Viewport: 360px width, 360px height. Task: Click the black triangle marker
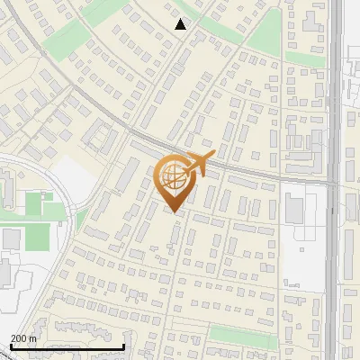click(x=181, y=24)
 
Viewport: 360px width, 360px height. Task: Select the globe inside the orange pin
click(x=174, y=176)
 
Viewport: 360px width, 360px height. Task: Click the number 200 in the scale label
click(x=19, y=338)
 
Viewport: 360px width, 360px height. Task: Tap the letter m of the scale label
click(x=32, y=338)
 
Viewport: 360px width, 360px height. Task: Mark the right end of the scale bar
click(x=123, y=346)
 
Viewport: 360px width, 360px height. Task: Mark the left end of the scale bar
click(x=10, y=346)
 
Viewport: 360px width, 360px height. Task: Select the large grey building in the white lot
click(x=294, y=208)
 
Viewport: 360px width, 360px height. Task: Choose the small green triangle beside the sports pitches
click(x=81, y=220)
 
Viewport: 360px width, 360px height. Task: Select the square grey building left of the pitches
click(x=11, y=238)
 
